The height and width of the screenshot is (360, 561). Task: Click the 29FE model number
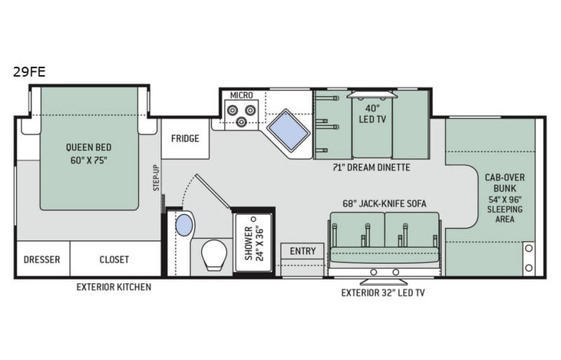click(29, 72)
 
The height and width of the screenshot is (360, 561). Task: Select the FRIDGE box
click(185, 138)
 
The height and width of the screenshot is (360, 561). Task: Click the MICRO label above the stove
click(241, 95)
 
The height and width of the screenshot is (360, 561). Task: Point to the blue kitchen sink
click(288, 130)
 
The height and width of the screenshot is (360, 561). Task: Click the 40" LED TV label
click(372, 114)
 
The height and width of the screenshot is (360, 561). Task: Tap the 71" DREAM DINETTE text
click(371, 167)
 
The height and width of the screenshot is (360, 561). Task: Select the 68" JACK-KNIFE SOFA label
click(384, 203)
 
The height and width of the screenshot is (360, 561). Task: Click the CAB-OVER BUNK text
click(504, 183)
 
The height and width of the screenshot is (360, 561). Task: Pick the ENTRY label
click(302, 251)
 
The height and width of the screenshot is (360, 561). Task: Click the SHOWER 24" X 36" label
click(254, 243)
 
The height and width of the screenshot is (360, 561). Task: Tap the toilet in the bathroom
click(214, 254)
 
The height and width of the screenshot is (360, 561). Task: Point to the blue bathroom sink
click(184, 226)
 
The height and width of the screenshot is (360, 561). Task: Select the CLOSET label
click(114, 259)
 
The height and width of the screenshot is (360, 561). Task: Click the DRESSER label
click(42, 259)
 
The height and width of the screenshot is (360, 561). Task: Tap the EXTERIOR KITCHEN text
click(114, 287)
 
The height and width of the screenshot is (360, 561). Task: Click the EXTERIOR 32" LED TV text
click(383, 292)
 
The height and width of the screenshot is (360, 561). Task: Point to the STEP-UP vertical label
click(157, 177)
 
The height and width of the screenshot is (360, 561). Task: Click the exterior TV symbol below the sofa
click(384, 282)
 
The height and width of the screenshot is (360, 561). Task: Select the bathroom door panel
click(213, 191)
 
